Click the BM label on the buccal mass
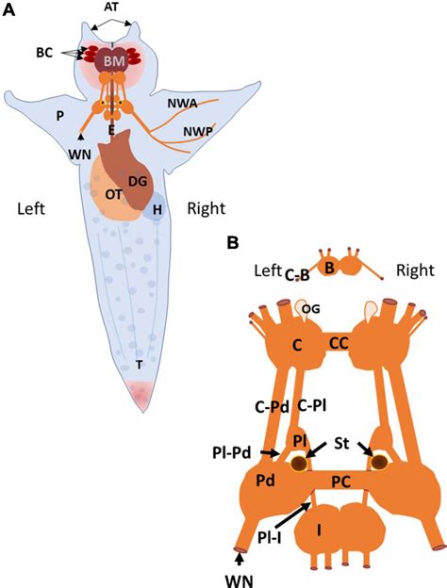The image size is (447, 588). pos(114,61)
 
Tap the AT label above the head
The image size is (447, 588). pos(112,6)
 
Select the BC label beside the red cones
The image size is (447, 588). pos(44,53)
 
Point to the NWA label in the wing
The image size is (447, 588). pos(182,104)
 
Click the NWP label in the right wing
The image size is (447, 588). pos(198,131)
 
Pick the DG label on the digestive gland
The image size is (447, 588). pos(138,182)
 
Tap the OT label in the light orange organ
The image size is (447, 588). pos(113,195)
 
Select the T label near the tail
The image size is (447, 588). pos(140,365)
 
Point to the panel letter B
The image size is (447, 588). pos(232,243)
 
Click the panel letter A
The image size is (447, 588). pos(8,9)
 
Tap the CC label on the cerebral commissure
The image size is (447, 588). pos(339,343)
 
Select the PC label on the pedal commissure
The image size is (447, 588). pos(341,482)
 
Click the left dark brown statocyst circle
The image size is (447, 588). pos(300,464)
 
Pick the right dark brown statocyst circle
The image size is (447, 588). pos(379,462)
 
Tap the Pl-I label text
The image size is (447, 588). pos(270,538)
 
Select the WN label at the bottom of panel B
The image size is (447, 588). pos(240,580)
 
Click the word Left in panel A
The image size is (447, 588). pos(31,208)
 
